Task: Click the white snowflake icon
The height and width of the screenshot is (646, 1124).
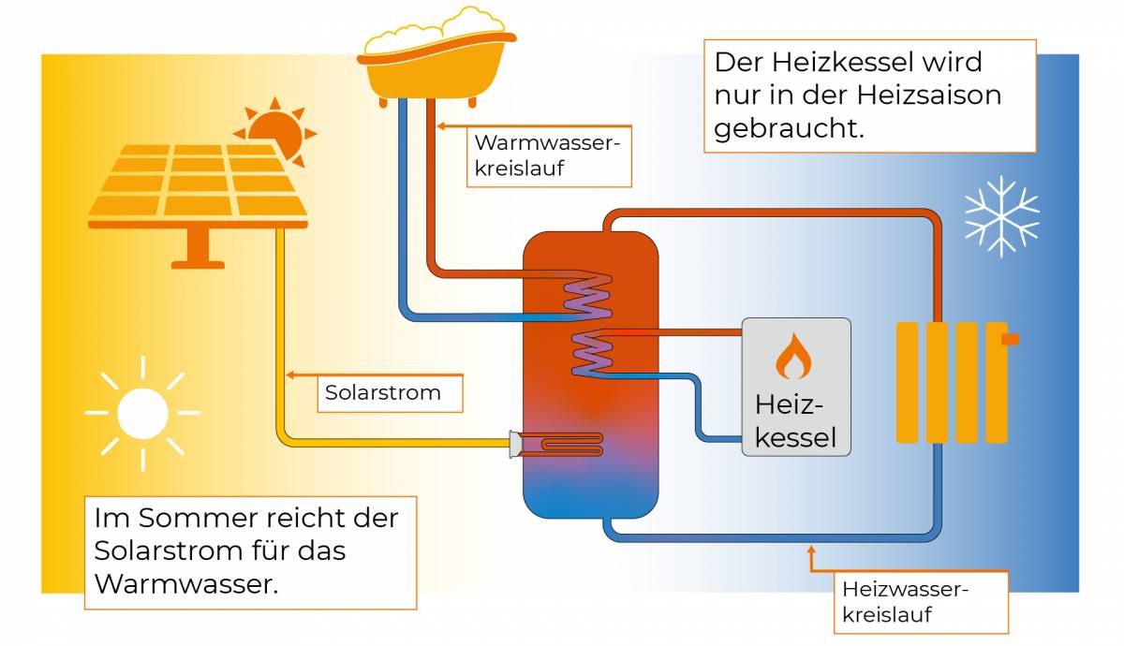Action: pos(1001,216)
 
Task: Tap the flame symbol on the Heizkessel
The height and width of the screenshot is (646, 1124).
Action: pos(793,356)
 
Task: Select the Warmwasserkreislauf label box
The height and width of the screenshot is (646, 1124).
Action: pos(549,156)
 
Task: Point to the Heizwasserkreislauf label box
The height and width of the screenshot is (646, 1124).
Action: pos(922,602)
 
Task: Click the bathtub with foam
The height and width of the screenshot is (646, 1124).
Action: pos(436,56)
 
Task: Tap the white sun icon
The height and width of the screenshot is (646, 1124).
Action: pos(142,413)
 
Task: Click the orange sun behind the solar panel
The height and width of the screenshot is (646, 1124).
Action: pos(276,131)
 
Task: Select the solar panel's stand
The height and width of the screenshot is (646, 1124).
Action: pos(198,248)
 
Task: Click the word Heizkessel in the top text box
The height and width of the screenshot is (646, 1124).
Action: pos(841,63)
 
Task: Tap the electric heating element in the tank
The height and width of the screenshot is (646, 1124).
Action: pos(556,445)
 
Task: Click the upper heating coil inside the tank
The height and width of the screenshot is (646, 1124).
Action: pos(587,297)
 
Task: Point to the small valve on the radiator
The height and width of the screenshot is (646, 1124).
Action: pos(1010,340)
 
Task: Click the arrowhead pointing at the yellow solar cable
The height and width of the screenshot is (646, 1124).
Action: pos(290,375)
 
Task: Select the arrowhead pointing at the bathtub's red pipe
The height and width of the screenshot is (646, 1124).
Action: pos(441,125)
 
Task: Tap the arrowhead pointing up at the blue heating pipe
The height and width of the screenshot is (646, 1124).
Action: pos(811,550)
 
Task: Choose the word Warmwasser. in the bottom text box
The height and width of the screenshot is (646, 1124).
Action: pos(186,584)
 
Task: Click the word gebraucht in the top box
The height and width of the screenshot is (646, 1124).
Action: pos(789,129)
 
